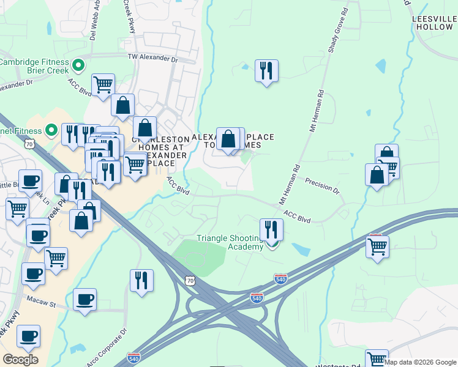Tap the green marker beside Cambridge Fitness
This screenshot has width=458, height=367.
[78, 64]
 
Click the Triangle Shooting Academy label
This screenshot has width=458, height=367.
[228, 242]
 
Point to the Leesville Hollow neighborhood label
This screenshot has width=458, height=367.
[434, 23]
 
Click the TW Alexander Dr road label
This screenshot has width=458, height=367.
[152, 59]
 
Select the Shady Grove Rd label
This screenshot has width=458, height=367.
[337, 30]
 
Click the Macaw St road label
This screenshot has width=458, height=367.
[41, 301]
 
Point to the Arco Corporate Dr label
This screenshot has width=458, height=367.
[105, 347]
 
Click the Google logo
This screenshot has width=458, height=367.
[20, 360]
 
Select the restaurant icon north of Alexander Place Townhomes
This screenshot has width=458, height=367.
[266, 71]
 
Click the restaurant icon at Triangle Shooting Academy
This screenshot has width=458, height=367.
[271, 229]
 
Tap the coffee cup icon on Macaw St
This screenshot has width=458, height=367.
[84, 299]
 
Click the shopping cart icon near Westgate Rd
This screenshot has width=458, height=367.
[377, 359]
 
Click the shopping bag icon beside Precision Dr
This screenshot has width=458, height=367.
[377, 175]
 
